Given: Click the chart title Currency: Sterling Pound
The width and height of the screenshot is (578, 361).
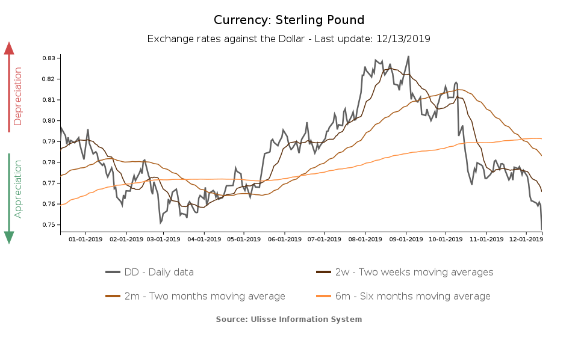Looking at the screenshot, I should [x=289, y=20].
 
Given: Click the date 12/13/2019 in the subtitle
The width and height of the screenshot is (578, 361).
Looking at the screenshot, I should [x=403, y=39].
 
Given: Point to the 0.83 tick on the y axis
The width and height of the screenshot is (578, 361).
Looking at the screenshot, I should [x=48, y=58].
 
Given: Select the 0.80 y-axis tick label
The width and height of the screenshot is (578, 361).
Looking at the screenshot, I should [x=48, y=121].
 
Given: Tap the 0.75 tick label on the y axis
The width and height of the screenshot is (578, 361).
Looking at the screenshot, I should [x=48, y=225].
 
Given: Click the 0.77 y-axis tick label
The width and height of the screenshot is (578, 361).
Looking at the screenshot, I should [x=48, y=184].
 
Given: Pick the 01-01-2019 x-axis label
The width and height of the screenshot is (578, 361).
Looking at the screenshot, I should [x=85, y=239].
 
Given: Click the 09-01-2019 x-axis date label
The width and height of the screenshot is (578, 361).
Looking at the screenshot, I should [x=406, y=239].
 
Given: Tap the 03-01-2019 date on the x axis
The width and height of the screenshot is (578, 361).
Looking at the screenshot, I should [x=163, y=239].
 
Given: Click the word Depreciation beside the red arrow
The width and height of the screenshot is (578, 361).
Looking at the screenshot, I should [x=18, y=96].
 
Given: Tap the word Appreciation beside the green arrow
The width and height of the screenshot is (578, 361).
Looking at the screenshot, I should [x=18, y=188].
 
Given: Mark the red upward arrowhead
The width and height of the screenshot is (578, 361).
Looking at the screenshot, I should [x=9, y=48].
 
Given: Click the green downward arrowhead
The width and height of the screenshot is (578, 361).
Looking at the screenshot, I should [x=9, y=237].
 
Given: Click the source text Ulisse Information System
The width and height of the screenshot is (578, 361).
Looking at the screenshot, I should [x=289, y=319].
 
